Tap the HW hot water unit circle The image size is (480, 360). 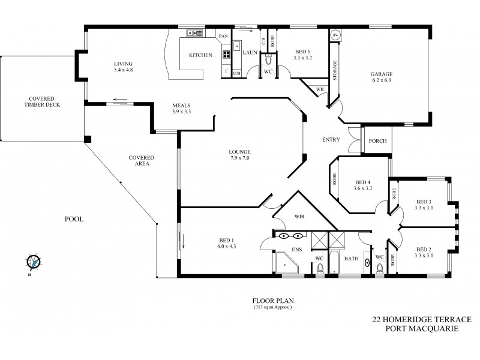[336, 35]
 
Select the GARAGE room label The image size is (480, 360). [381, 74]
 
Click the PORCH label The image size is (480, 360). [377, 141]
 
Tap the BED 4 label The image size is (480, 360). [363, 182]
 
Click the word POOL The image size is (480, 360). [74, 220]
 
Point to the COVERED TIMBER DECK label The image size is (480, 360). [43, 101]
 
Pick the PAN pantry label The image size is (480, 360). [223, 36]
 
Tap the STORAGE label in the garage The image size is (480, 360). [334, 71]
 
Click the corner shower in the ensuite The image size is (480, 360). [286, 263]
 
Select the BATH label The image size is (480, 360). [352, 259]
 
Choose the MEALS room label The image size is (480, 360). [181, 106]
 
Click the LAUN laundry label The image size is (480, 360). [250, 52]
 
